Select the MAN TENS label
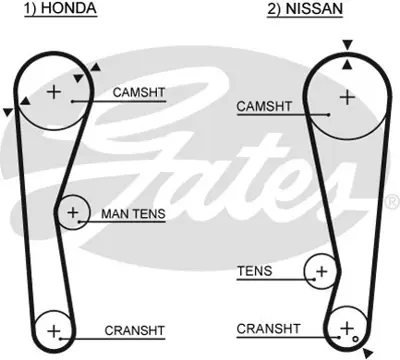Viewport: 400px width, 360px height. tap(132, 213)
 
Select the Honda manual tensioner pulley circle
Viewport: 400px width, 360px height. tap(72, 213)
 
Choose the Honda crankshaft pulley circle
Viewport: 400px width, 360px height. tap(54, 330)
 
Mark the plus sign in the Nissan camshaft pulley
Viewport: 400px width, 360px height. tap(347, 97)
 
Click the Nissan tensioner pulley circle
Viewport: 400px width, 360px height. tap(321, 271)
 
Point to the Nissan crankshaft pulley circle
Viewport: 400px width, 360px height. tap(348, 328)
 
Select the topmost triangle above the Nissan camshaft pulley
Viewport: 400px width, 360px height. tap(347, 45)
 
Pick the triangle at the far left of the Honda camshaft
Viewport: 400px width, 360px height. tap(8, 113)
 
